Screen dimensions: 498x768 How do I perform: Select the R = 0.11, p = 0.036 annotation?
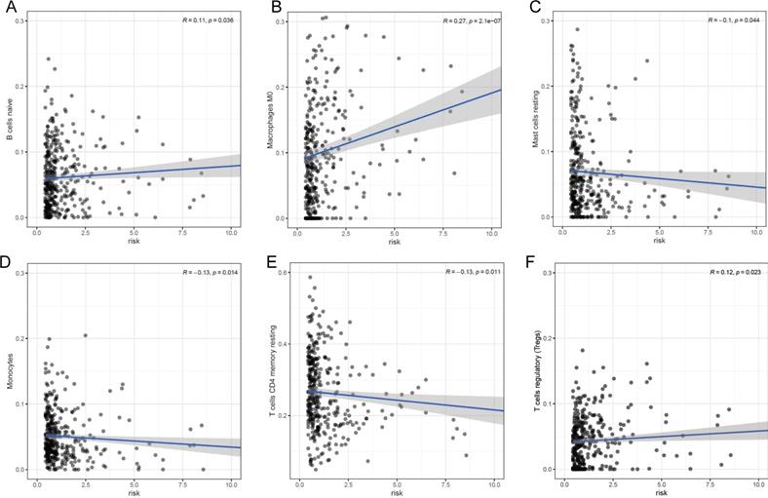click(208, 20)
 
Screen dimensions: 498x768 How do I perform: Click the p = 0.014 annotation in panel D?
click(224, 272)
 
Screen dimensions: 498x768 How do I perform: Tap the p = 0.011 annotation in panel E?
click(482, 272)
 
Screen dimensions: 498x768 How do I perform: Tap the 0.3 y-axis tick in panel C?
click(548, 20)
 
